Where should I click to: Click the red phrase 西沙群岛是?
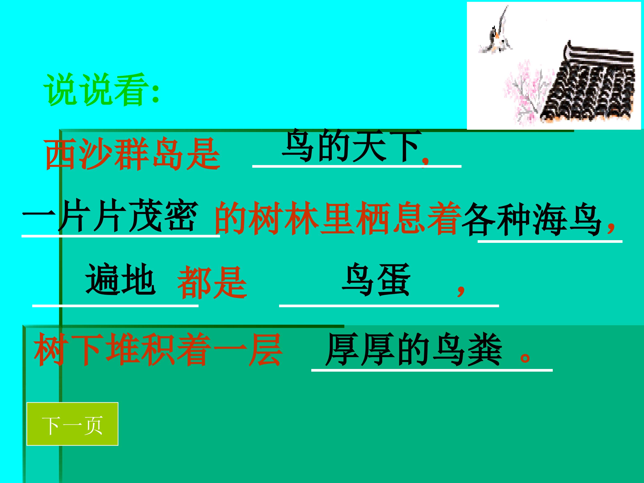[x=132, y=154]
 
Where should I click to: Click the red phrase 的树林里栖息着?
[x=338, y=218]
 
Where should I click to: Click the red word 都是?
[x=212, y=282]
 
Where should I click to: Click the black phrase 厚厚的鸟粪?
[x=413, y=349]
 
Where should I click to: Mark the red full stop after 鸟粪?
[x=525, y=357]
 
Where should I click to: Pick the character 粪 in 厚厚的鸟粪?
[x=485, y=349]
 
